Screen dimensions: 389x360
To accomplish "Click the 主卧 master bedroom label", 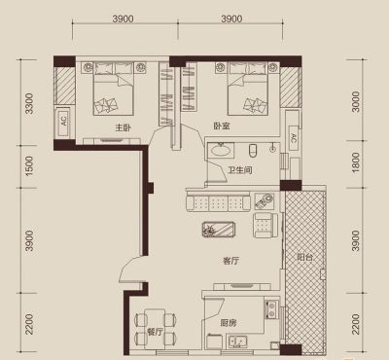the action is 124,127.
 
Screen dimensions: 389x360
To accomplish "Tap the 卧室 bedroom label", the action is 222,126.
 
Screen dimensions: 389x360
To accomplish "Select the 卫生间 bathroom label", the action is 240,170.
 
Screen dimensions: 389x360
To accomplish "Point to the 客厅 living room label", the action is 231,261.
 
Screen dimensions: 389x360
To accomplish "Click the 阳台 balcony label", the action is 305,258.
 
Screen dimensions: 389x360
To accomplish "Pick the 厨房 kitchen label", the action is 229,323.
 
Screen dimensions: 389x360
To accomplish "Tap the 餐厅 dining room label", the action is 155,332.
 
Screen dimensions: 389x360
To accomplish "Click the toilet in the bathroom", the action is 253,150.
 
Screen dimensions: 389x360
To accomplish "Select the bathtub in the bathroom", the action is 221,150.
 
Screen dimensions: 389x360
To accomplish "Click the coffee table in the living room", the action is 219,230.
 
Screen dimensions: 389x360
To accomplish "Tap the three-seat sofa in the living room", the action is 218,201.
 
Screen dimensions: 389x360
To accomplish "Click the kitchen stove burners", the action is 271,309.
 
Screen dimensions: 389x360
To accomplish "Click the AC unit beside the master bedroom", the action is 63,122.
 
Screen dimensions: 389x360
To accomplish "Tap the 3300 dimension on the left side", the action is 29,103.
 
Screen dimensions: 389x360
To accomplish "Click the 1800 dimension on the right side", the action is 356,162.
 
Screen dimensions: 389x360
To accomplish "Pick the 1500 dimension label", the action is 29,166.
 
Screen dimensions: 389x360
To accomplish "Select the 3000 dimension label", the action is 356,102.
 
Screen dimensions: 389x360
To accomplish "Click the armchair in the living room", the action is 265,225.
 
